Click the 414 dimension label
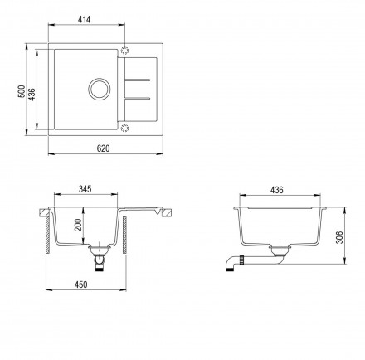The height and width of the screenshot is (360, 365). pyautogui.click(x=84, y=20)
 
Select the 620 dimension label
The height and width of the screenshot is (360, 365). pyautogui.click(x=103, y=148)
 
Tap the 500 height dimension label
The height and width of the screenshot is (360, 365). pyautogui.click(x=22, y=91)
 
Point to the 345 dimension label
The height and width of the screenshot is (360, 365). pyautogui.click(x=85, y=189)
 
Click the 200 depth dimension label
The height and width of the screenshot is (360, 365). pyautogui.click(x=79, y=225)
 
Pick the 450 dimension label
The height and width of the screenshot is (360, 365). pyautogui.click(x=80, y=285)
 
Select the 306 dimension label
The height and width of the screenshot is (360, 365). pyautogui.click(x=339, y=237)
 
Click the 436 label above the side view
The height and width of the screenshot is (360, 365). pyautogui.click(x=277, y=190)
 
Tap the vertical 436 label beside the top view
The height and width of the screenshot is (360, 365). pyautogui.click(x=32, y=95)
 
